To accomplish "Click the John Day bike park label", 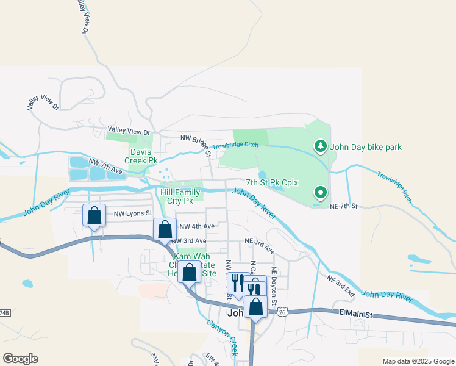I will [366, 147].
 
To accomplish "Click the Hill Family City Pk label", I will [180, 196].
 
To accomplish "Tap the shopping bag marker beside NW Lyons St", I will [94, 215].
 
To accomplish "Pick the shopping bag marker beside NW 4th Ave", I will [165, 229].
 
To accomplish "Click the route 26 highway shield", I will [282, 312].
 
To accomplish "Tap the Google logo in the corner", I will [20, 359].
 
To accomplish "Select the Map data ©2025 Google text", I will [418, 361].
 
